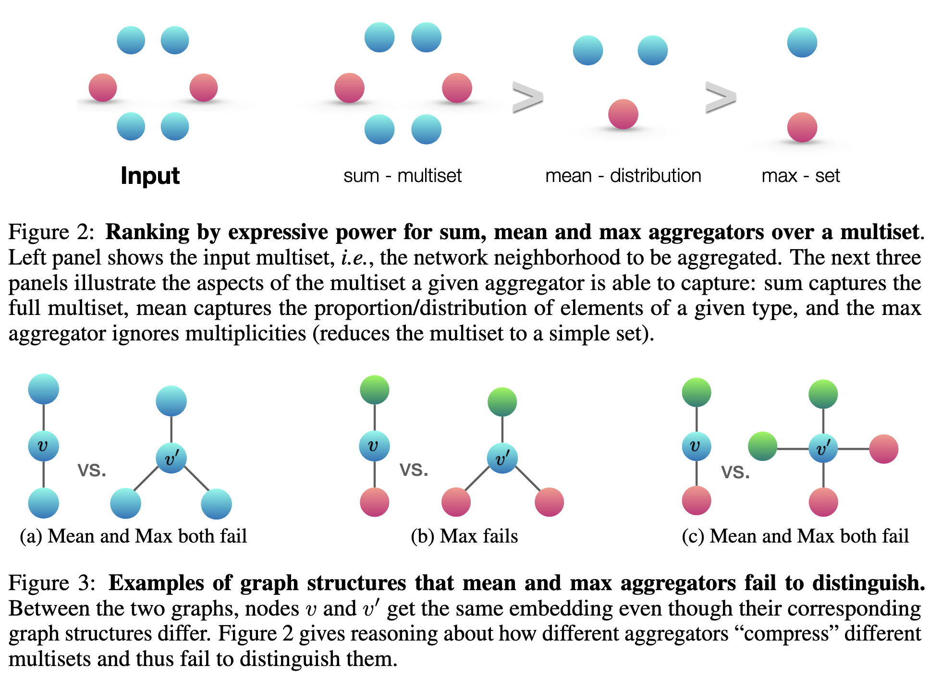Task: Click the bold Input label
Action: point(150,176)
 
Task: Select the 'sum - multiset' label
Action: point(402,176)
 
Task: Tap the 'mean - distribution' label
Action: point(623,176)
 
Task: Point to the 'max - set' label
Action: point(800,176)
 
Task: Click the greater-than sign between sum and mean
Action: point(527,97)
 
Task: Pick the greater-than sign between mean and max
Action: point(720,97)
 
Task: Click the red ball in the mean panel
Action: point(623,114)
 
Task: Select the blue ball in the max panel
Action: point(802,42)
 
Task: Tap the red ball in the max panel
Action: point(802,127)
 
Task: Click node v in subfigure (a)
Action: point(43,446)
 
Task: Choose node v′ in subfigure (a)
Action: point(171,458)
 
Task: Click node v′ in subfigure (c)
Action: point(823,448)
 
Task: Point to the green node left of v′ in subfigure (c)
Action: point(762,446)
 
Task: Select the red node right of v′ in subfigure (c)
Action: point(883,448)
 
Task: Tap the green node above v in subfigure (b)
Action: point(374,389)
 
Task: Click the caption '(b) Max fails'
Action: point(464,536)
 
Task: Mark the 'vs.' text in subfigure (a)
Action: point(92,470)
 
